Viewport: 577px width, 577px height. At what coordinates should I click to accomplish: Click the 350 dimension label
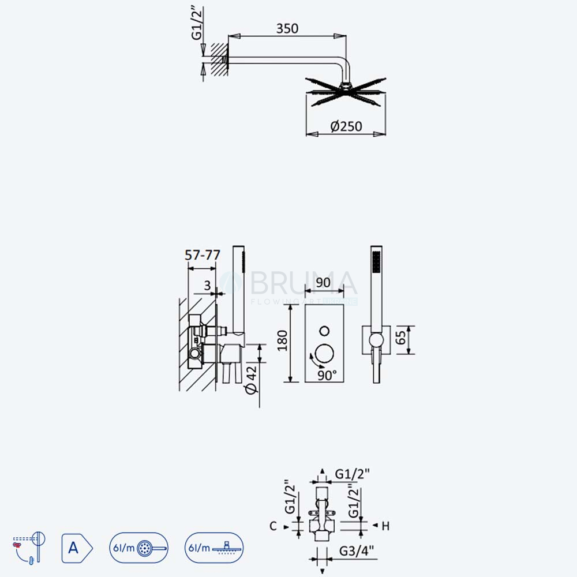click(x=287, y=28)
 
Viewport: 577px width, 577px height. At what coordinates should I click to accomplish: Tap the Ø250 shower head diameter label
click(x=346, y=126)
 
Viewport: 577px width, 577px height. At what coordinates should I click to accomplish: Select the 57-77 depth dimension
click(x=202, y=254)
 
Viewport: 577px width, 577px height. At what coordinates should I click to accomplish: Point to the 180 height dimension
click(x=282, y=341)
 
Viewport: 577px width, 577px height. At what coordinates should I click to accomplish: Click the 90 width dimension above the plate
click(x=323, y=282)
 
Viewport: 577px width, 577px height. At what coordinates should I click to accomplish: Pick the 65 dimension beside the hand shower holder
click(x=400, y=338)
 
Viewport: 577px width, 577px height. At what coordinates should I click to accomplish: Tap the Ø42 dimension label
click(x=252, y=380)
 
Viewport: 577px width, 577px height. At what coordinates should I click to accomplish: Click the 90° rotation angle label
click(x=327, y=376)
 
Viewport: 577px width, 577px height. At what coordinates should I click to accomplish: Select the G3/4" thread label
click(x=356, y=551)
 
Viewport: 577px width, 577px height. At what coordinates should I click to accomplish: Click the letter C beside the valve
click(x=273, y=526)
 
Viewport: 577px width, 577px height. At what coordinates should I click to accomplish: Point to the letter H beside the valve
click(x=385, y=526)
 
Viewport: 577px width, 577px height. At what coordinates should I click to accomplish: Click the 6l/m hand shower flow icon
click(x=138, y=548)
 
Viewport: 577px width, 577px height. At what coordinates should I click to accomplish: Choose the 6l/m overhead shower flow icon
click(x=214, y=548)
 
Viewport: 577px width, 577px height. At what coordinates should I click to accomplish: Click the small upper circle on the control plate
click(x=324, y=331)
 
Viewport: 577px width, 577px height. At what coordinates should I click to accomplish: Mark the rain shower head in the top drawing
click(x=346, y=92)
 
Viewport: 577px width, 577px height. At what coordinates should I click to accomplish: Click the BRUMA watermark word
click(x=304, y=283)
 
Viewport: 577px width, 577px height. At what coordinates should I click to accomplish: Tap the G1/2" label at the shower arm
click(x=197, y=23)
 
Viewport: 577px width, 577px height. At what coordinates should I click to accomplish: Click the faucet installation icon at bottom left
click(x=29, y=547)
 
